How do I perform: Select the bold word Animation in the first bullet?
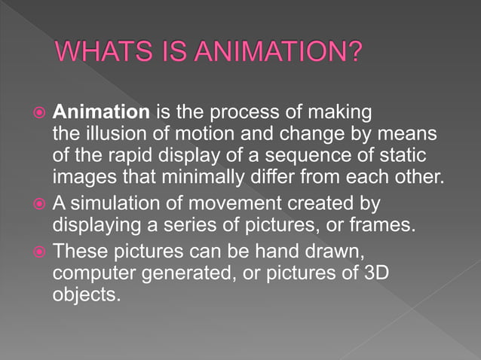pyautogui.click(x=101, y=113)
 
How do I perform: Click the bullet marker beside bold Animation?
pyautogui.click(x=40, y=114)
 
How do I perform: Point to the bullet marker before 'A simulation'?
pyautogui.click(x=40, y=203)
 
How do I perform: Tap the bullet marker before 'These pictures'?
pyautogui.click(x=40, y=249)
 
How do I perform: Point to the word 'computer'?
pyautogui.click(x=89, y=272)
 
